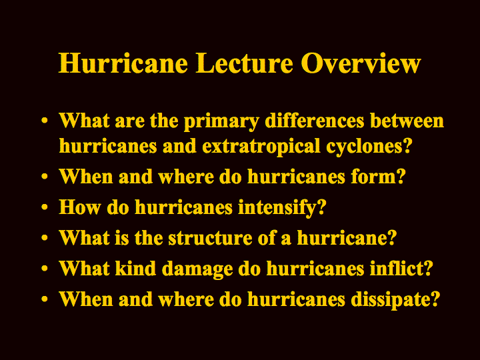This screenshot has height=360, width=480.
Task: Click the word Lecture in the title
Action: (244, 63)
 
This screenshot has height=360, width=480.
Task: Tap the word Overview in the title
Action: (361, 63)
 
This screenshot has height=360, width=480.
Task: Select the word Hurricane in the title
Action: (123, 63)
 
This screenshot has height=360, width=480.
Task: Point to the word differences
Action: (315, 120)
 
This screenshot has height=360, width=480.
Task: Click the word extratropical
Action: (261, 147)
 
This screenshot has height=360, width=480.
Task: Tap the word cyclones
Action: (364, 147)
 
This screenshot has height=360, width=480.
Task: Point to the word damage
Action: (197, 269)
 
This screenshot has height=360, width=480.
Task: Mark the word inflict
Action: (397, 268)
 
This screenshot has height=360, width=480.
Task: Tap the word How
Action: (79, 207)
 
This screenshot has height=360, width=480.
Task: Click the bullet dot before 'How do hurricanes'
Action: (45, 207)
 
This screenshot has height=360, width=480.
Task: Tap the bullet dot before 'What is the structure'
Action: (45, 238)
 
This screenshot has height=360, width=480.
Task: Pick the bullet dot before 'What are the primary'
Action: (45, 120)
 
